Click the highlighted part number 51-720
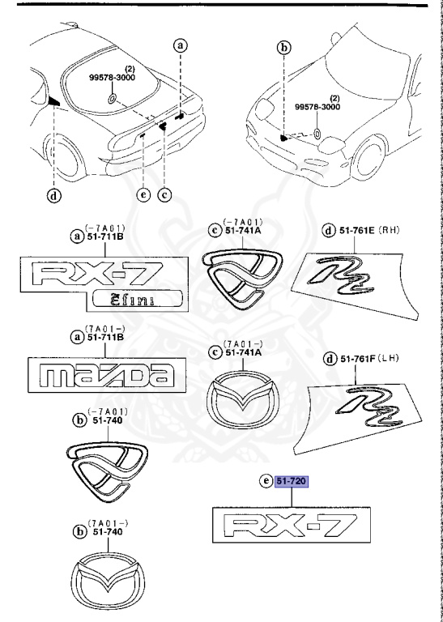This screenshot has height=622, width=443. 298,481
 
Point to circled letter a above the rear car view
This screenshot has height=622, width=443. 181,46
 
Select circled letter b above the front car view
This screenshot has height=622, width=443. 283,49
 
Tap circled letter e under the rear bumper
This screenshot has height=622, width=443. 143,194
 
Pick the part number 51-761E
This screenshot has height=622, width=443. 356,230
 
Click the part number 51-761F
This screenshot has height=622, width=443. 356,359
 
